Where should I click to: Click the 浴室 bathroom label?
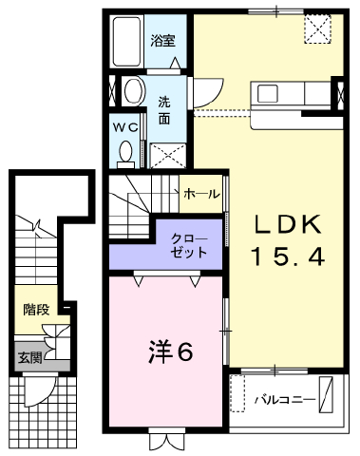click(x=162, y=41)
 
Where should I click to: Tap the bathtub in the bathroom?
click(x=127, y=41)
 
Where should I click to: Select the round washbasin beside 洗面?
click(x=134, y=91)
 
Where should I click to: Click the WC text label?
click(x=125, y=127)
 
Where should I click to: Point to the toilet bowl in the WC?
click(x=126, y=151)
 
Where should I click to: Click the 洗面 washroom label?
click(x=164, y=110)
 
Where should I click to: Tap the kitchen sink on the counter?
click(x=268, y=94)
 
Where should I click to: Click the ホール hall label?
click(x=201, y=193)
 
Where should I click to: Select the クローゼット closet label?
click(x=189, y=246)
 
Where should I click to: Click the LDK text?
click(x=288, y=225)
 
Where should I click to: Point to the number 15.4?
click(x=288, y=256)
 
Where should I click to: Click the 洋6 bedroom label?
click(x=170, y=351)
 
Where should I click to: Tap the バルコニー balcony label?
click(x=285, y=400)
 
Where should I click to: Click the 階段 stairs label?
click(x=36, y=310)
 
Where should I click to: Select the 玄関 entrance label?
click(x=29, y=358)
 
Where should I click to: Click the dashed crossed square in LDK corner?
click(x=317, y=28)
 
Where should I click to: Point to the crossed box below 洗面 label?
click(x=167, y=156)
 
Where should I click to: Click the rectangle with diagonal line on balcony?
click(x=326, y=394)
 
